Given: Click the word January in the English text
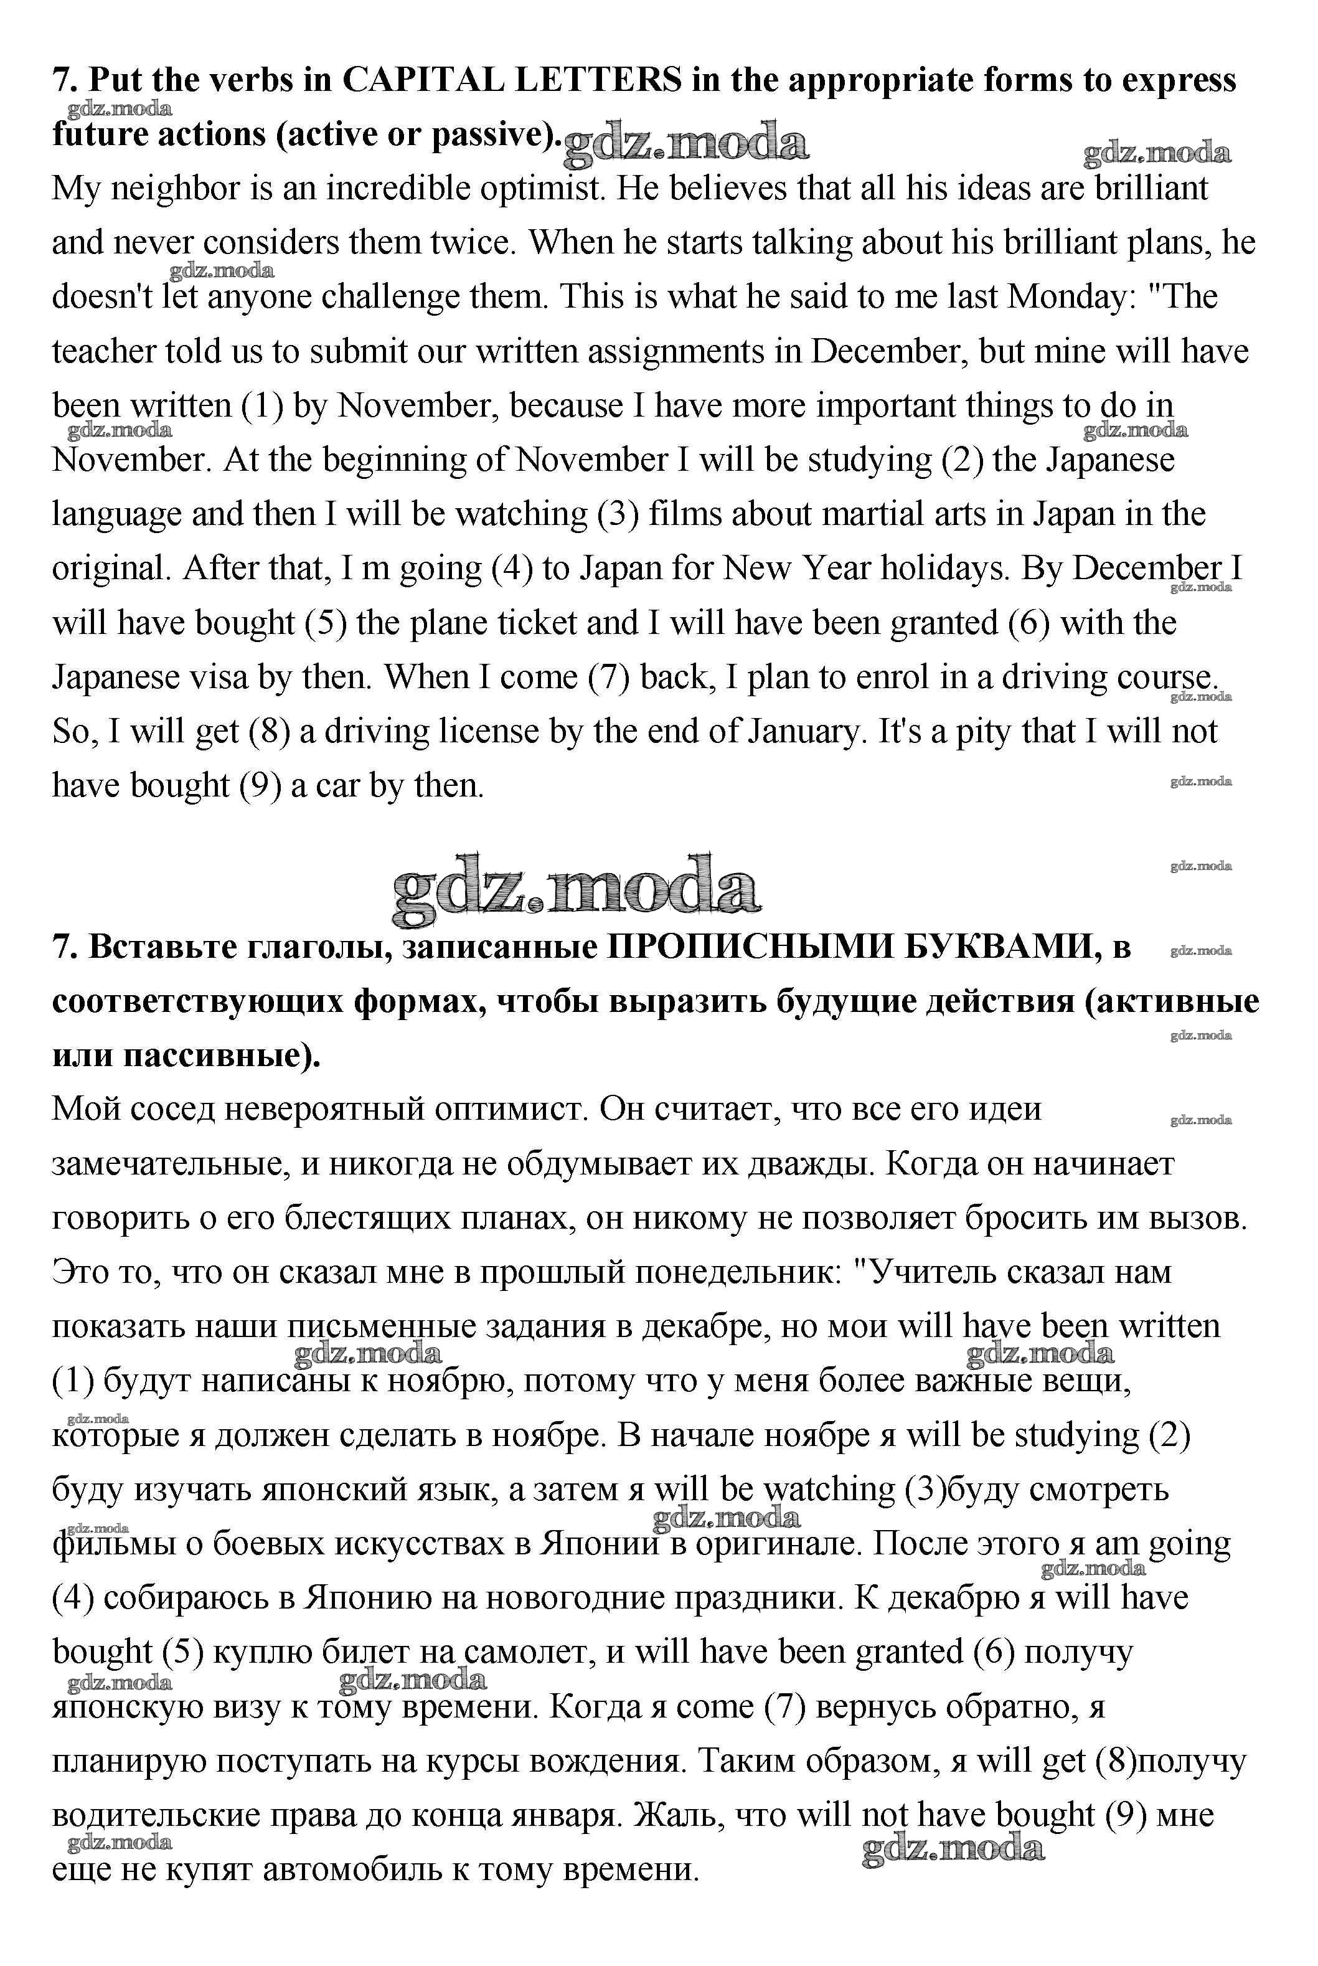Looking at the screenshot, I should [804, 731].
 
